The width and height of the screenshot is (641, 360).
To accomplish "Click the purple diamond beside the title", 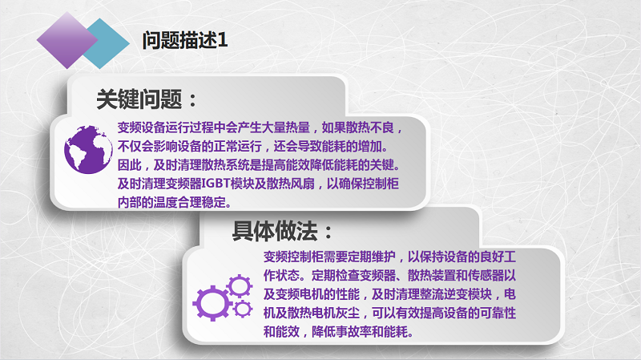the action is click(x=67, y=40).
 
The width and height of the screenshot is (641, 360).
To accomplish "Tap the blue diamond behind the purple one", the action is click(x=108, y=43).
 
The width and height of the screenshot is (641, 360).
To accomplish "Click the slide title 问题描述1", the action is click(x=185, y=41).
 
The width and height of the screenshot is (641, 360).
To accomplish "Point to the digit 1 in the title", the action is click(x=223, y=41).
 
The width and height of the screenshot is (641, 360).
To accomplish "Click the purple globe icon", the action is click(x=88, y=149).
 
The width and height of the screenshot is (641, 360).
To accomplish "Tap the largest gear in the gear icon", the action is click(x=212, y=303).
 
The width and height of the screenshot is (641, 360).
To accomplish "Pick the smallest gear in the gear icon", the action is click(x=243, y=309).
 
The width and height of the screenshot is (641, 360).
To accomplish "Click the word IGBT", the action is click(x=216, y=184).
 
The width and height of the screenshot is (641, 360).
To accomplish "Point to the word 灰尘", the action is click(x=348, y=313).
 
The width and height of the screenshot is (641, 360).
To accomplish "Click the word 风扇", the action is click(x=303, y=184).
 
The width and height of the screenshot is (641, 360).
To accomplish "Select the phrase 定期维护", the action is click(x=371, y=257).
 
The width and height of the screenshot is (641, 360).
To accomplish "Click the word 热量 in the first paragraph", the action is click(x=297, y=127).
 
